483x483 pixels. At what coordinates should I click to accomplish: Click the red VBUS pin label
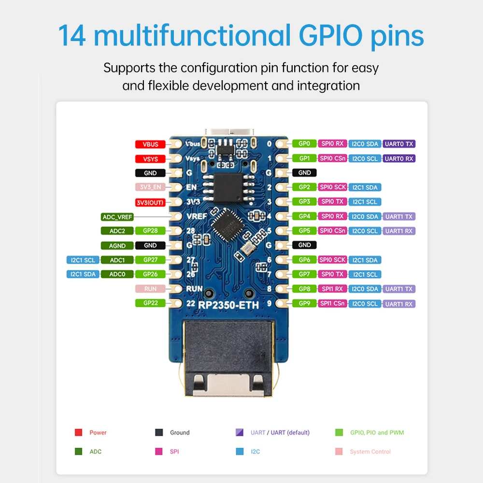[x=150, y=144]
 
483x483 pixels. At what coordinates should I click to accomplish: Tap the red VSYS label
[x=150, y=158]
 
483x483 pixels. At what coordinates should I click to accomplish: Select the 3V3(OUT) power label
[x=150, y=202]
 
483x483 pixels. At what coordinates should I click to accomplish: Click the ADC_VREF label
[x=117, y=217]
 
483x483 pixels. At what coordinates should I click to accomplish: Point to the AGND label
[x=117, y=245]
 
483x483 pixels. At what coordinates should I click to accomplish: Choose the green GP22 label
[x=150, y=303]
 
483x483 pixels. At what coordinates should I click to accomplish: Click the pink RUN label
[x=150, y=289]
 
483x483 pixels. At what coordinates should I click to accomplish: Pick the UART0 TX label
[x=399, y=144]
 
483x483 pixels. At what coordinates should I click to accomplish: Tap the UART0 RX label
[x=399, y=158]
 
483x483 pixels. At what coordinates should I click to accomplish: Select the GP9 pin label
[x=304, y=303]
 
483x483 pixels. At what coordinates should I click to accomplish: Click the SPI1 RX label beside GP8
[x=332, y=289]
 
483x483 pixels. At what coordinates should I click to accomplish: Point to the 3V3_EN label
[x=150, y=187]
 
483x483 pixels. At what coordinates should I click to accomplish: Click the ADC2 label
[x=117, y=231]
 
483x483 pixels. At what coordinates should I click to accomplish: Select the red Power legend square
[x=78, y=432]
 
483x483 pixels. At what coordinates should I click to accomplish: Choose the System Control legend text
[x=370, y=452]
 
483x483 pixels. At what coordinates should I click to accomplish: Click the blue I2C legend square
[x=240, y=452]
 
